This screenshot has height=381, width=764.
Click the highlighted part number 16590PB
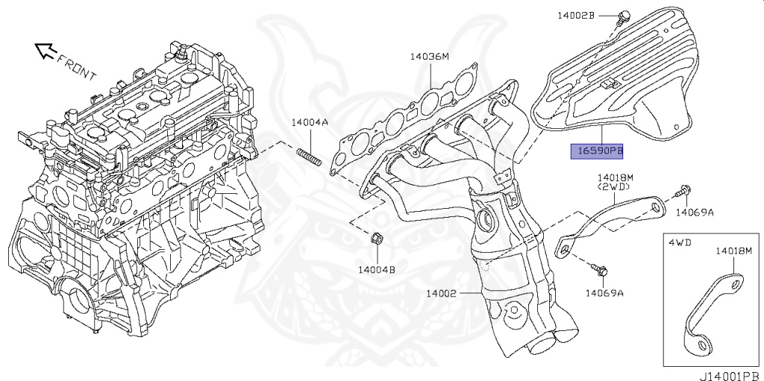598,151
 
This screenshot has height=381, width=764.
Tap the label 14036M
429,57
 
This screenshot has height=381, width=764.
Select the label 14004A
310,122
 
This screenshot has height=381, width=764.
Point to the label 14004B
377,269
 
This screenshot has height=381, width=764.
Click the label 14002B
576,16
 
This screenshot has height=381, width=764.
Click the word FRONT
77,67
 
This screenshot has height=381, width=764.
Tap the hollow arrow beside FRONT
46,51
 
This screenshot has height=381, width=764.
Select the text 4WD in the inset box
680,242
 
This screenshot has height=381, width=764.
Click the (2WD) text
614,187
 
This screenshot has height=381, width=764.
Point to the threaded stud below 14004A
309,158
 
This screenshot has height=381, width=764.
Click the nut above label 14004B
376,239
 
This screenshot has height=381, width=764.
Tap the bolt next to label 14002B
622,18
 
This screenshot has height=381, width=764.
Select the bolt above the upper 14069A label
682,192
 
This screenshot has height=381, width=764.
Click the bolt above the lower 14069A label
599,269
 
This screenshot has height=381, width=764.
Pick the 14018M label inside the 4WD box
734,251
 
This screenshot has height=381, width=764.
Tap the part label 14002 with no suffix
442,293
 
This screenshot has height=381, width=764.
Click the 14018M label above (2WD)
616,178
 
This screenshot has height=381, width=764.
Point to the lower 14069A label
604,293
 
